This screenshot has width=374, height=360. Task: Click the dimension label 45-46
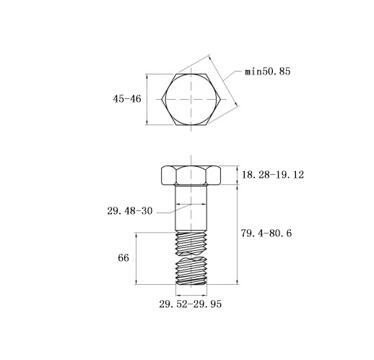pos(127,99)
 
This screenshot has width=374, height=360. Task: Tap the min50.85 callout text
pos(268,72)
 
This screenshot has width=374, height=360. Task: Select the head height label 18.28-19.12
pos(273,175)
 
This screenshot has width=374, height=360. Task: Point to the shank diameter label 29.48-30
pos(130,211)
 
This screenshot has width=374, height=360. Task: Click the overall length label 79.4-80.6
pos(266,233)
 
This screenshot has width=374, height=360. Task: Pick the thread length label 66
pos(123,258)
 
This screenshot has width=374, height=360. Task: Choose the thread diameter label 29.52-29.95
pos(190,304)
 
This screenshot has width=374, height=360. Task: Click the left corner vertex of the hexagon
pos(162,99)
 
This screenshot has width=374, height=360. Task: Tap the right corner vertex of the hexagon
pos(221,99)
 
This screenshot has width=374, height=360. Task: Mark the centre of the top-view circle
pos(191,99)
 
